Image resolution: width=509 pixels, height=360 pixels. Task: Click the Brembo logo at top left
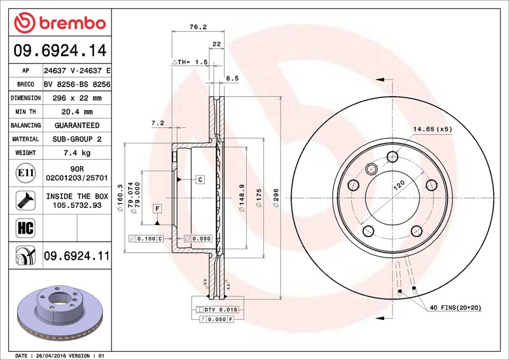point(60,22)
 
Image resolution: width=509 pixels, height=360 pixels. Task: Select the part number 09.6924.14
point(60,51)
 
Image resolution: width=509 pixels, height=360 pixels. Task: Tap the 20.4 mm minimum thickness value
point(77,112)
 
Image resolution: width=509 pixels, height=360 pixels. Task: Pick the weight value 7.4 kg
point(77,153)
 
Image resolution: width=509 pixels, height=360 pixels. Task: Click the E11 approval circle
point(25,173)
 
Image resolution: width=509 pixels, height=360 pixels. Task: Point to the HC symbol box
point(25,228)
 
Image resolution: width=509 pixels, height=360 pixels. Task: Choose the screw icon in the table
point(25,200)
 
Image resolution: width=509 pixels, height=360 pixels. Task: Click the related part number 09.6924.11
point(77,256)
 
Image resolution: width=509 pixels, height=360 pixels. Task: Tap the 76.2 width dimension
point(198,27)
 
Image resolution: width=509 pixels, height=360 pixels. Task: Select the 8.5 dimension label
point(232,78)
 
